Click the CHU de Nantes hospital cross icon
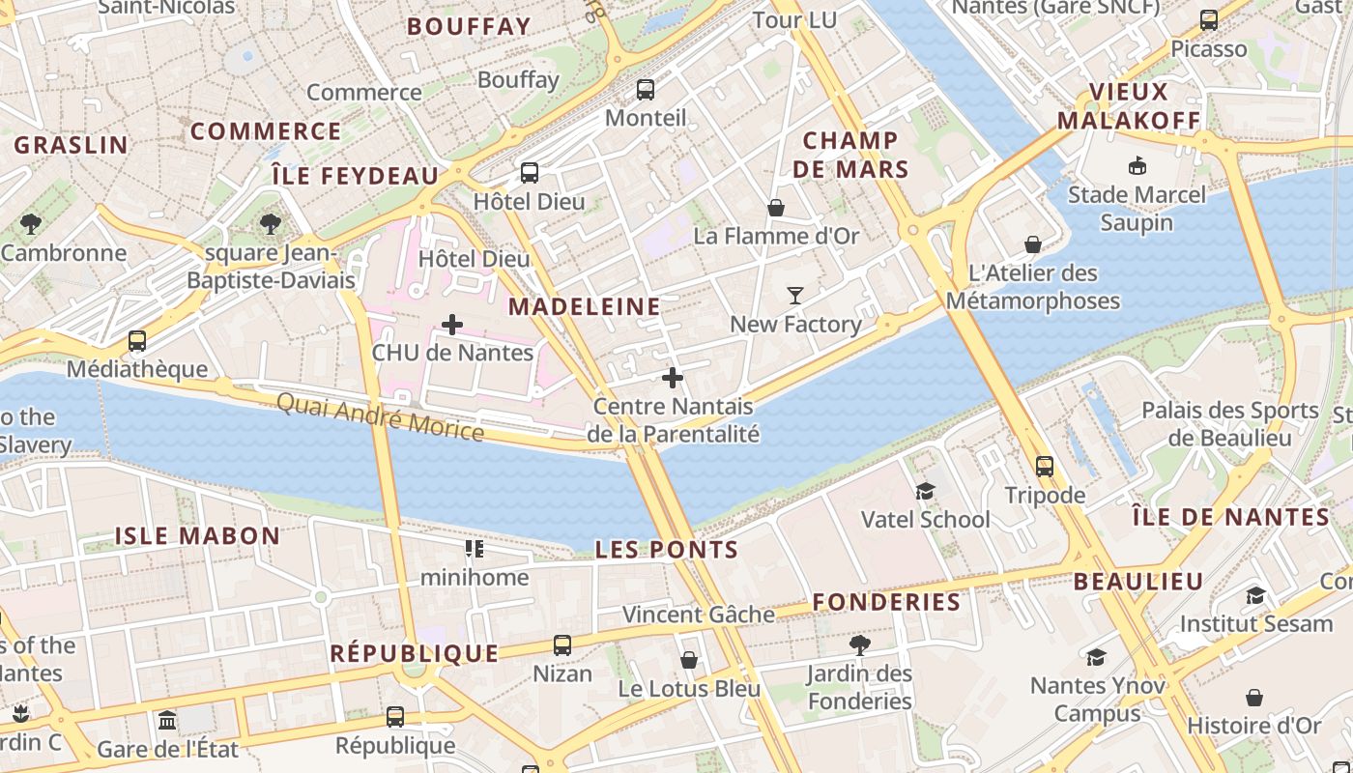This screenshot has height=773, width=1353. (x=452, y=325)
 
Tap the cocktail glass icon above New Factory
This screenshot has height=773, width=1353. (x=795, y=296)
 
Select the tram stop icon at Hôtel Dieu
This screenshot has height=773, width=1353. (x=530, y=173)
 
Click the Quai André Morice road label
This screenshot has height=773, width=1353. (x=381, y=416)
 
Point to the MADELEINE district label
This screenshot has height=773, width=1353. (x=585, y=307)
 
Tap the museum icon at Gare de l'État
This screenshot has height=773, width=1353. (x=167, y=721)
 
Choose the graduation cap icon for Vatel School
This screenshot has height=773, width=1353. (x=926, y=491)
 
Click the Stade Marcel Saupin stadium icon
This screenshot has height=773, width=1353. (x=1137, y=166)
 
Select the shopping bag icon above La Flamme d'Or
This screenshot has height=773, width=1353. (x=776, y=208)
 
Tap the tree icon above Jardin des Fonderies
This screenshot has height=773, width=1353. (x=859, y=644)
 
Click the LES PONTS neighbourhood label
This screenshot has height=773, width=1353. (x=667, y=550)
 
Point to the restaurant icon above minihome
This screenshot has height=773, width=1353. (x=474, y=550)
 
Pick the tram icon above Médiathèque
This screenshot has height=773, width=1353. (x=137, y=340)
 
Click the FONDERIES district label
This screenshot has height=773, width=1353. (x=886, y=602)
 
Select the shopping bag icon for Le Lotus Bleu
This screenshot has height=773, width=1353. (x=689, y=660)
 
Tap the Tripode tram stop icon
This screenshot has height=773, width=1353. (x=1045, y=467)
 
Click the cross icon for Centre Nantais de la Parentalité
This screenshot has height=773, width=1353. (x=674, y=378)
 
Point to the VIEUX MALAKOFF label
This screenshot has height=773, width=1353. (x=1129, y=106)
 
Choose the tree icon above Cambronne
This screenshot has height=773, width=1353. (x=31, y=224)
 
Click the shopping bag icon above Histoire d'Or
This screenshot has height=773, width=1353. (x=1254, y=697)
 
